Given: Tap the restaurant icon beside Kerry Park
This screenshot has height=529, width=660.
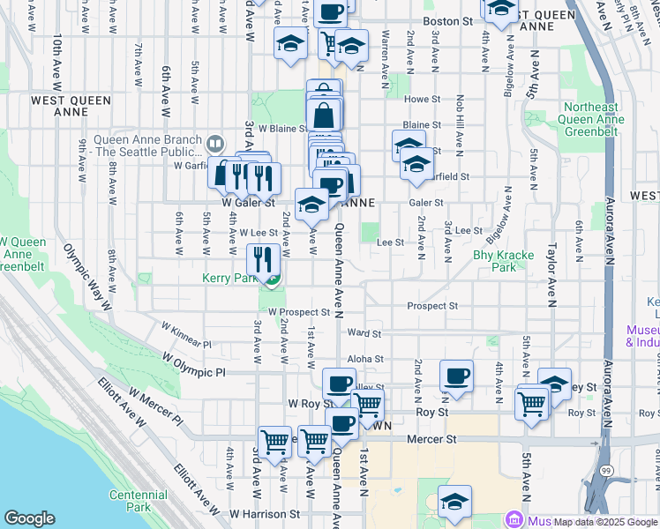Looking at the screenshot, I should [x=263, y=259].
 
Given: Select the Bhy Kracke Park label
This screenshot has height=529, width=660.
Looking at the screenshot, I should [x=504, y=261].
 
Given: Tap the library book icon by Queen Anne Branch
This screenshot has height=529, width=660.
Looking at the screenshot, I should [x=214, y=143].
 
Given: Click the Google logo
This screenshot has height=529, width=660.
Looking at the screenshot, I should [x=29, y=518].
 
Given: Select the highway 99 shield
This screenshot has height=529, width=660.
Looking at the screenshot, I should [x=607, y=498].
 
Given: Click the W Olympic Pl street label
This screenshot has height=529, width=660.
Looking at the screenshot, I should [x=194, y=362].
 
